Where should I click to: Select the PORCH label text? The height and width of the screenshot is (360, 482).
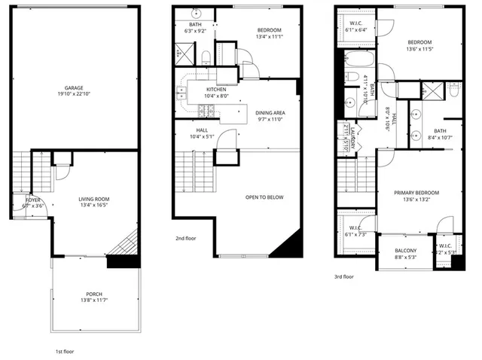[x=94, y=294]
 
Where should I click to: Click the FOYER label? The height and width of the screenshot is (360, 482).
[x=33, y=200]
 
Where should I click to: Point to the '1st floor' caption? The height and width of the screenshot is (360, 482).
[x=64, y=352]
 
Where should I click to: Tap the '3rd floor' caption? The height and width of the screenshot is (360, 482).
[x=344, y=276]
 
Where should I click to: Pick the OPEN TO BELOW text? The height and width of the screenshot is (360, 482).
[x=264, y=197]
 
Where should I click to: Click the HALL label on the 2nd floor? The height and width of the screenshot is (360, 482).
[x=202, y=130]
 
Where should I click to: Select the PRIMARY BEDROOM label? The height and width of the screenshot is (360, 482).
[x=416, y=193]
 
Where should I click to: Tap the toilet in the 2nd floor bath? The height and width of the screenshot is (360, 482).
[x=206, y=56]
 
